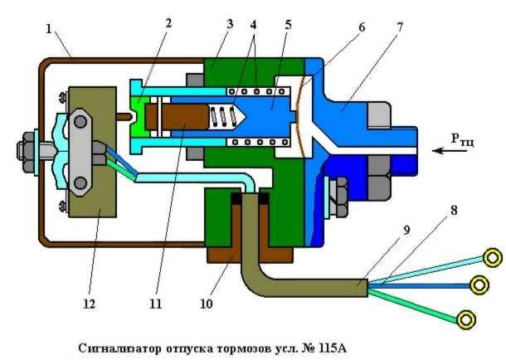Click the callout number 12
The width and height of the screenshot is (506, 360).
[x=86, y=304]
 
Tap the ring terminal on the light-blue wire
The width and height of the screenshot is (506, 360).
[x=493, y=258]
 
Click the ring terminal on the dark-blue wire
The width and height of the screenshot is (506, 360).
[x=479, y=285]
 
